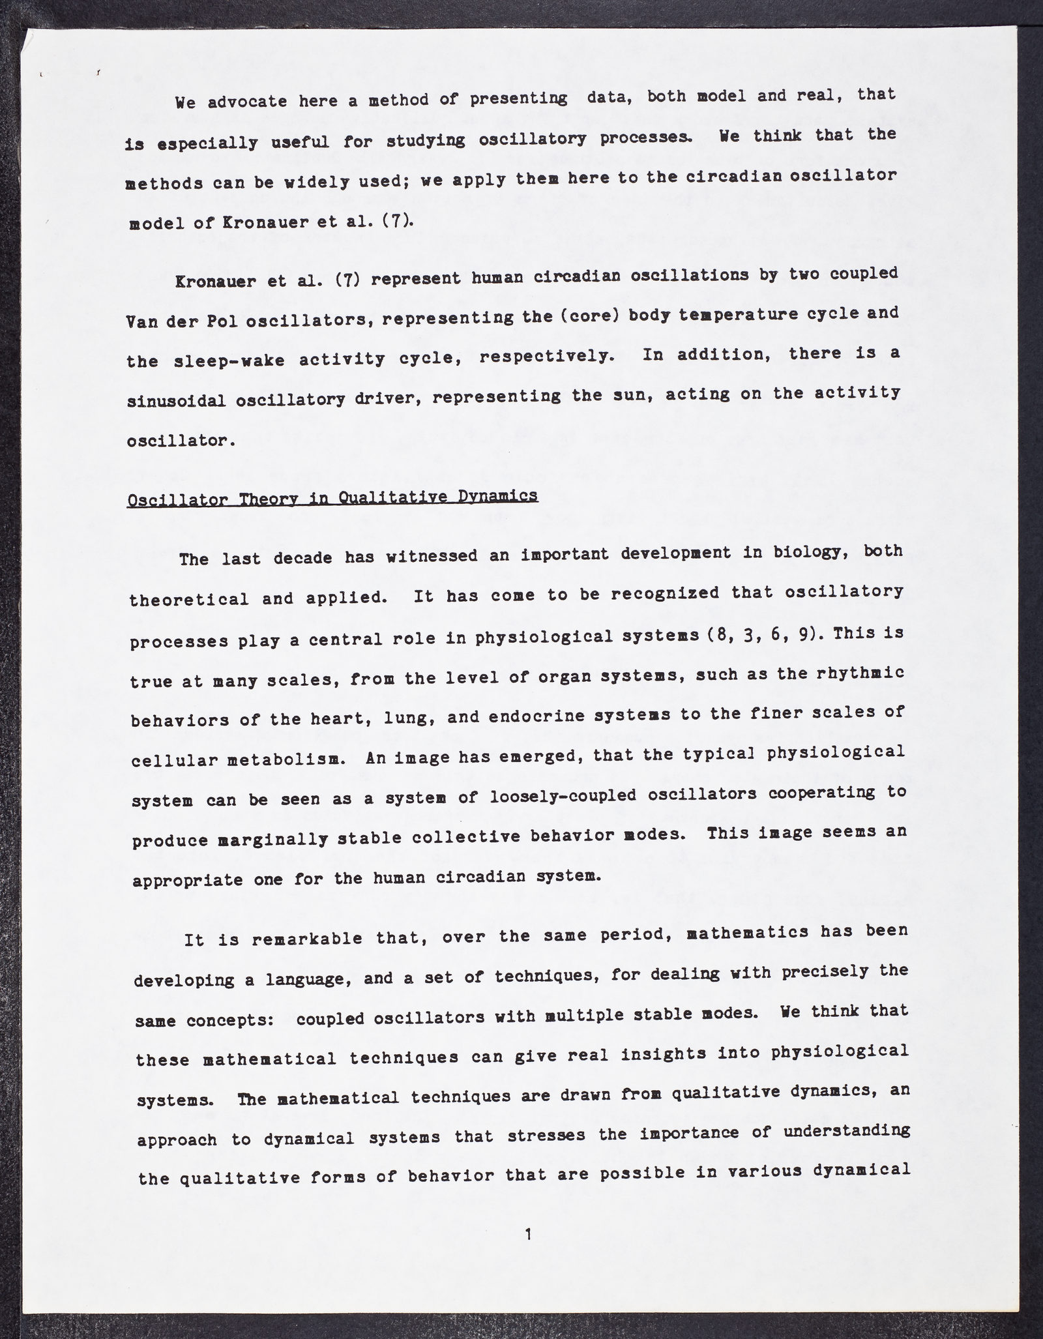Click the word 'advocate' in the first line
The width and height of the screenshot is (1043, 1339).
(x=247, y=102)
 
